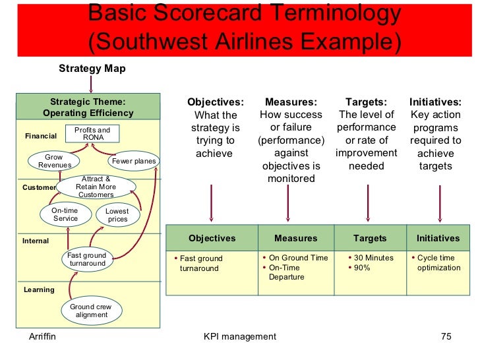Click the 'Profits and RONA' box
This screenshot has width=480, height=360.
[92, 134]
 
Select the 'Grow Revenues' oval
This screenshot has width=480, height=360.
[54, 161]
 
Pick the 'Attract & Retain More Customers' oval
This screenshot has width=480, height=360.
[96, 187]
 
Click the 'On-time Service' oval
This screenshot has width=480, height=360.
[65, 214]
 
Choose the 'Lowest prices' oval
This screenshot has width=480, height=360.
[117, 215]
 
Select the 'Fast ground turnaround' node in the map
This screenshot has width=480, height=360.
[87, 259]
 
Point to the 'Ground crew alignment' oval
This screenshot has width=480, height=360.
[92, 311]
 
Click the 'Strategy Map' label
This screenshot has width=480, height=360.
[92, 69]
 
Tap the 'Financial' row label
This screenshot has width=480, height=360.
[41, 136]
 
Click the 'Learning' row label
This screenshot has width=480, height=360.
[39, 289]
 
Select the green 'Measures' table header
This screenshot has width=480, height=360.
[295, 238]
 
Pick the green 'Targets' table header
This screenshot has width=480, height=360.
[370, 238]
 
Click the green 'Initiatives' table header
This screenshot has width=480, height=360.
[438, 238]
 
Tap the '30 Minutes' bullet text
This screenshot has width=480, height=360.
[373, 258]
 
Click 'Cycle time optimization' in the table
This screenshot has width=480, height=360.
[438, 262]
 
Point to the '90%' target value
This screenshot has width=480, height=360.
[362, 268]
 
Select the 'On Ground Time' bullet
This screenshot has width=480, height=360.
[298, 258]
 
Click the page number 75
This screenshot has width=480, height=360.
[446, 337]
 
